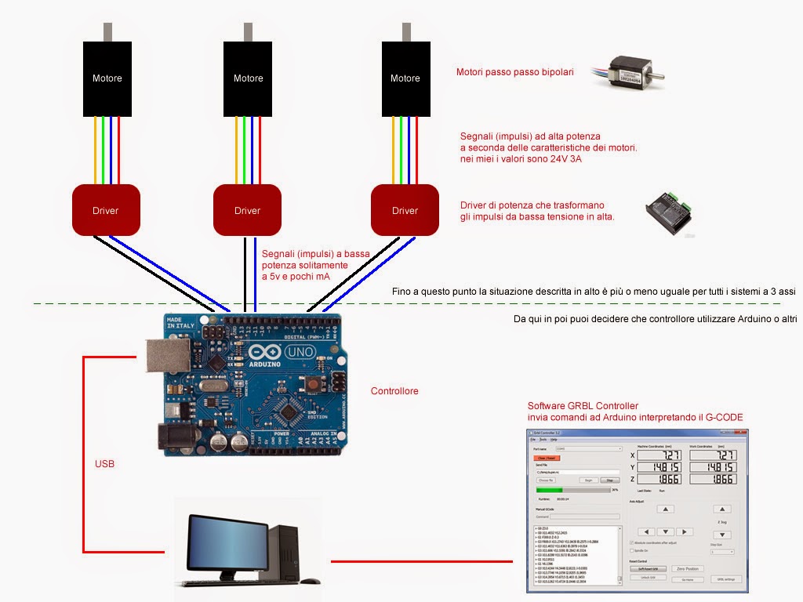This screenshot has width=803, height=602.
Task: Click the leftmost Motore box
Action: tap(107, 78)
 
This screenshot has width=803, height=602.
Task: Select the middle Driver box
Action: tap(247, 210)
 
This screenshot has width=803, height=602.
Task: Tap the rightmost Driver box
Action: tap(405, 210)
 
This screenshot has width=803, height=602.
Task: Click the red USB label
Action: tap(104, 464)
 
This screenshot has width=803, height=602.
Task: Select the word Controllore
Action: tap(394, 391)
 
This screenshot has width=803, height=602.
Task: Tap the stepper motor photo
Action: tap(636, 71)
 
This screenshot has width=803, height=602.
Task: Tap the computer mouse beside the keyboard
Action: tap(310, 581)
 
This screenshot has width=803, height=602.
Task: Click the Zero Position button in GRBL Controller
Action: tap(687, 568)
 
